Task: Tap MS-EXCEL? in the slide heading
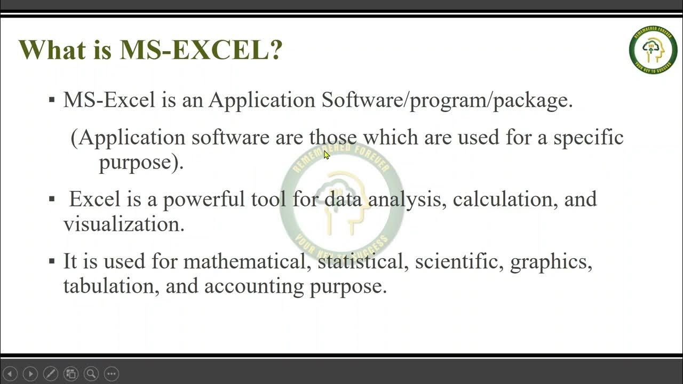pyautogui.click(x=201, y=50)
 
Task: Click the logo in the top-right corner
pyautogui.click(x=653, y=50)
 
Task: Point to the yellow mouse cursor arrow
pyautogui.click(x=327, y=155)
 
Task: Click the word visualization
pyautogui.click(x=124, y=224)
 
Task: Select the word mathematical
pyautogui.click(x=247, y=261)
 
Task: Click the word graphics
pyautogui.click(x=551, y=261)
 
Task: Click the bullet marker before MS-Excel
pyautogui.click(x=52, y=100)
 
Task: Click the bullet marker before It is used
pyautogui.click(x=52, y=261)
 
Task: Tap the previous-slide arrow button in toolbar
pyautogui.click(x=10, y=374)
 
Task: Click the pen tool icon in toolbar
pyautogui.click(x=50, y=374)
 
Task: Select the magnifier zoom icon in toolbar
pyautogui.click(x=91, y=374)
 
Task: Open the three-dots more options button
pyautogui.click(x=111, y=374)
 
